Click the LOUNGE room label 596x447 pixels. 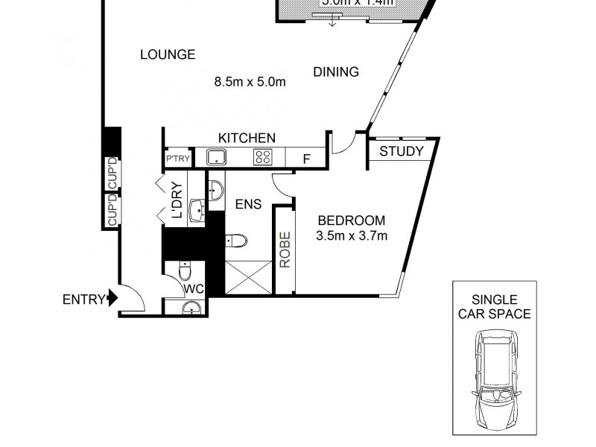[168, 54]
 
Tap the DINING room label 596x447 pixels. [336, 72]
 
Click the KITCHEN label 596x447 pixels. [247, 138]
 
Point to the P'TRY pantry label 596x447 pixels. [177, 159]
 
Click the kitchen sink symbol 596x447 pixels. [216, 157]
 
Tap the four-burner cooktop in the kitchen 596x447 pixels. [263, 156]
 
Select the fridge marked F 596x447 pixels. [306, 158]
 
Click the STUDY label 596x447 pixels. [402, 152]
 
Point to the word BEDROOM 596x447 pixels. [352, 221]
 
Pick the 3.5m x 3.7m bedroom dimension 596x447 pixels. [352, 237]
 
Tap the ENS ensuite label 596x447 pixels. [248, 204]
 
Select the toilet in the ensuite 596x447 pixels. [235, 241]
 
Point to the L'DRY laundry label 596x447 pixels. [177, 200]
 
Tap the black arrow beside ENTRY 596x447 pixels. [113, 299]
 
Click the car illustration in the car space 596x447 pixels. [494, 378]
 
